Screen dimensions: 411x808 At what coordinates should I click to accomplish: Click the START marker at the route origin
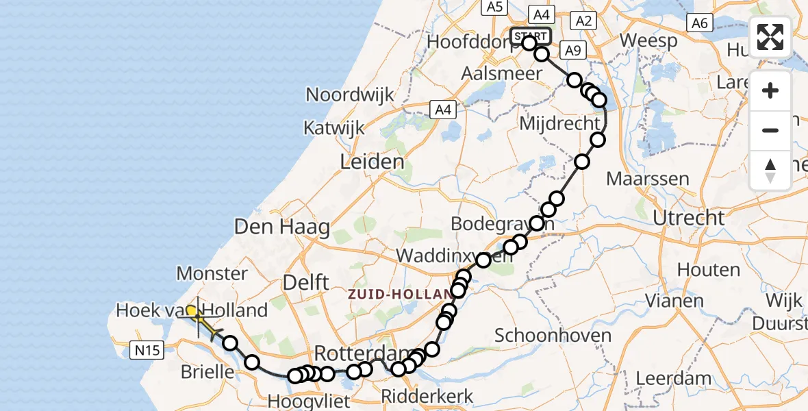click(531, 36)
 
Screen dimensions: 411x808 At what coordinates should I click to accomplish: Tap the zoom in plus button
click(770, 90)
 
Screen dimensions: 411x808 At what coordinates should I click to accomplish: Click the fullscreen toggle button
click(770, 37)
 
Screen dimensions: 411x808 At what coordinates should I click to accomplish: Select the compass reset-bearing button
click(770, 170)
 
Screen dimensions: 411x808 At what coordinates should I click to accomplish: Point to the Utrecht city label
click(689, 219)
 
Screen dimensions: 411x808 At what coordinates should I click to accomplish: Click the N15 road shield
click(147, 351)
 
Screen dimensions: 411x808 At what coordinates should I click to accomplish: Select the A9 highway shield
click(572, 49)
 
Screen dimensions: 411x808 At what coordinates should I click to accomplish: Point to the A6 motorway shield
click(699, 23)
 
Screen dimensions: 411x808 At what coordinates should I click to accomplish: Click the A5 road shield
click(493, 7)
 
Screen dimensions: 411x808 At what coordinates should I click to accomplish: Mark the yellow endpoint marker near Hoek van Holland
click(192, 311)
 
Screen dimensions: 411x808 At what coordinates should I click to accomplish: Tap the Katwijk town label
click(335, 127)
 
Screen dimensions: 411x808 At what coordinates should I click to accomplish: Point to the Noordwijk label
click(350, 95)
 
